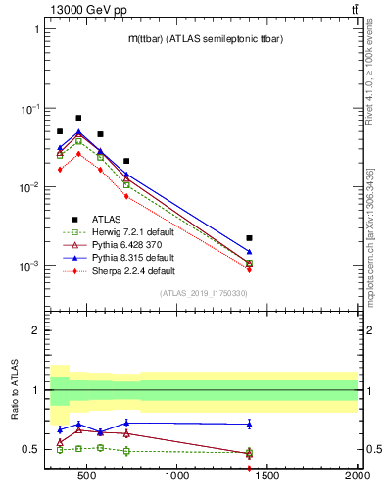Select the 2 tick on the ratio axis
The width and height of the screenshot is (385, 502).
pyautogui.click(x=35, y=330)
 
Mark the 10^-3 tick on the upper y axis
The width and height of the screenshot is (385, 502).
pyautogui.click(x=28, y=266)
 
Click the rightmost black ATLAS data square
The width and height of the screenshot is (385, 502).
pyautogui.click(x=250, y=238)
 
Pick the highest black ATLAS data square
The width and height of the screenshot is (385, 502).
pyautogui.click(x=78, y=118)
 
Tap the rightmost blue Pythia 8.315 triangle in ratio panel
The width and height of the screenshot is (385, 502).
pyautogui.click(x=250, y=424)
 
